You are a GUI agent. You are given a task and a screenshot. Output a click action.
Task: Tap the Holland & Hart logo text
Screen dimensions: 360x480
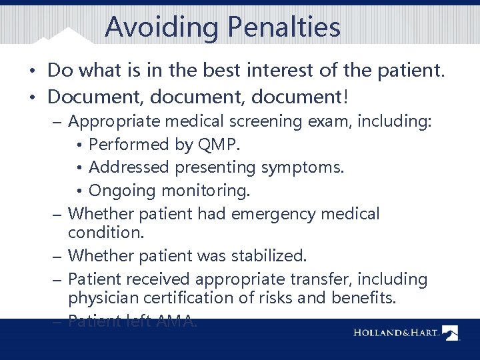pos(394,332)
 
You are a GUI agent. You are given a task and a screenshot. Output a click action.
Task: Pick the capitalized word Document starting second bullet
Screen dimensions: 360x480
pos(94,97)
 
